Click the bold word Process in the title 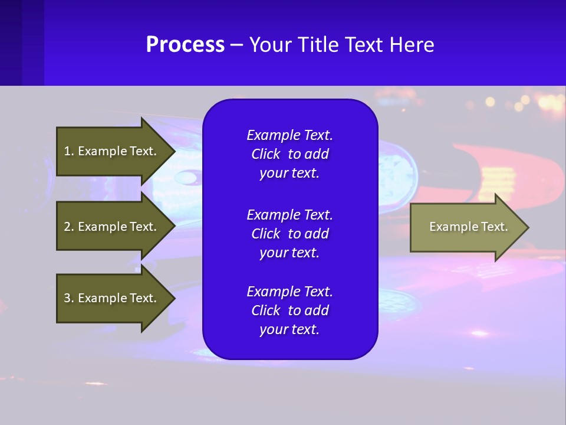(185, 45)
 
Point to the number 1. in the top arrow (69, 151)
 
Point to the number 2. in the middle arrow (69, 227)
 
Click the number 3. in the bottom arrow (69, 298)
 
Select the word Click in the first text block (266, 154)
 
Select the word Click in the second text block (266, 234)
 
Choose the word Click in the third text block (266, 310)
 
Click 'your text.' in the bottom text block (289, 329)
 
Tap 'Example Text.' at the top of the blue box (289, 135)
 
